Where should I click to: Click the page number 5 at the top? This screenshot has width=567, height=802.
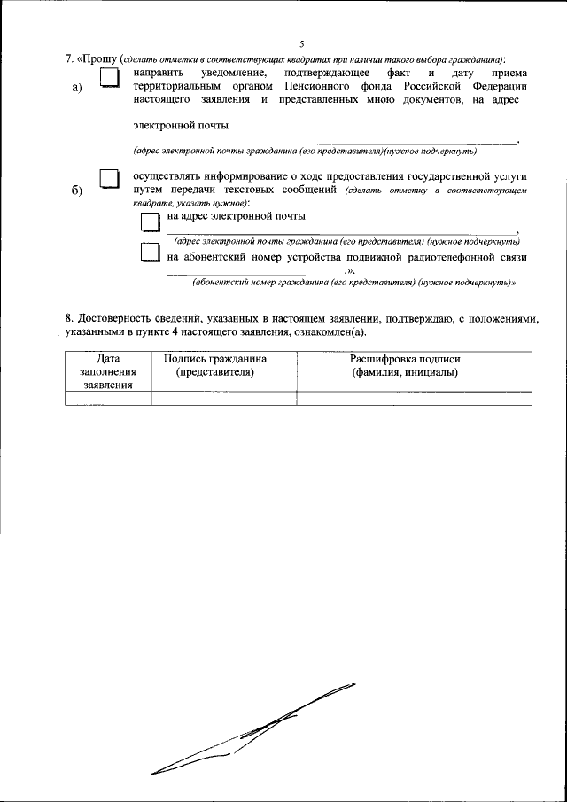click(301, 43)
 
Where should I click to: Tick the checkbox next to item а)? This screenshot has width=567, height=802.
click(109, 79)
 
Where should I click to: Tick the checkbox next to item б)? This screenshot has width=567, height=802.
click(109, 181)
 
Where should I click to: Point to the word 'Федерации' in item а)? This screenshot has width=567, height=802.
click(493, 87)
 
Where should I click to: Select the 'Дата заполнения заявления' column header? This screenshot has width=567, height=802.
click(108, 371)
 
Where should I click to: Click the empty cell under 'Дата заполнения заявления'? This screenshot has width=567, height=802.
click(108, 397)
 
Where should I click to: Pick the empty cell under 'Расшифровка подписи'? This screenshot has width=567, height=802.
click(413, 397)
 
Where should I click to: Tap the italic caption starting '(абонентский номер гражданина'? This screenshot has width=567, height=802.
click(354, 282)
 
